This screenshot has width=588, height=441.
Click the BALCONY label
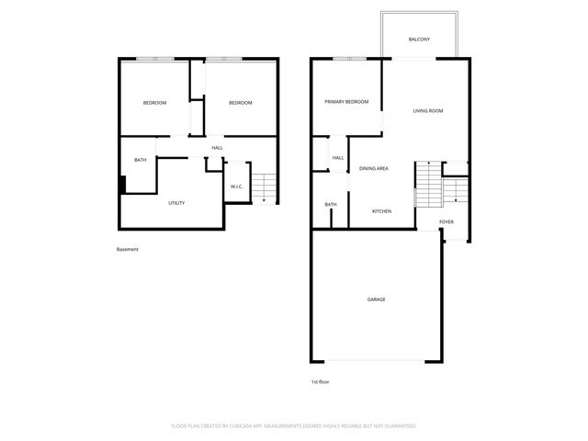(x=419, y=40)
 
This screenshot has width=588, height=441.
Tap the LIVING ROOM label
(x=428, y=111)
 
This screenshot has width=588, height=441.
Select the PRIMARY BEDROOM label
(x=346, y=102)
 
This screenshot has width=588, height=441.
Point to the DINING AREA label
(x=373, y=169)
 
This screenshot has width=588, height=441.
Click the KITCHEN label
(x=381, y=211)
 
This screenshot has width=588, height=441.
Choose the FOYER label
(x=447, y=222)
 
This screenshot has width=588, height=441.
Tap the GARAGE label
(x=377, y=300)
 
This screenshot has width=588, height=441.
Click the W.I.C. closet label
(x=236, y=187)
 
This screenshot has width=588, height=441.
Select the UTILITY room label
(x=176, y=203)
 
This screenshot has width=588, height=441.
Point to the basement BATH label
(x=141, y=161)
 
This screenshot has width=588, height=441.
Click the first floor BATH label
(x=331, y=205)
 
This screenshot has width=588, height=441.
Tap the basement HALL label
(x=217, y=148)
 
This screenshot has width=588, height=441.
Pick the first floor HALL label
(x=338, y=158)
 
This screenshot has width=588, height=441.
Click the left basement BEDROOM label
(x=154, y=103)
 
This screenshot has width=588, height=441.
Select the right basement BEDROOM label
(x=240, y=103)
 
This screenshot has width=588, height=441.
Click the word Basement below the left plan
(x=128, y=250)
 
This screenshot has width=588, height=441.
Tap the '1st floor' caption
(x=321, y=381)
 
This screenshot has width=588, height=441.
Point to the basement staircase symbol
(x=264, y=188)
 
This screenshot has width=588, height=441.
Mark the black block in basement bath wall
(x=123, y=184)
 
